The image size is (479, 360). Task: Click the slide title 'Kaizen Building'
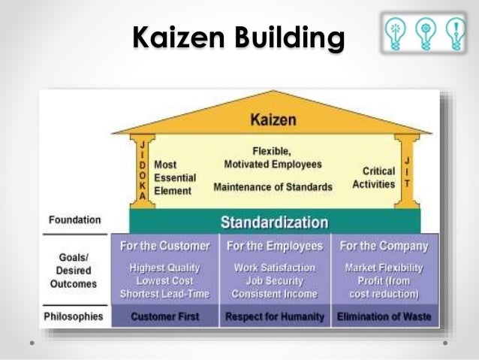[x=239, y=38]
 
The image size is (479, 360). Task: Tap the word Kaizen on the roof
[x=273, y=120]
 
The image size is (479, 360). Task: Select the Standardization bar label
[x=274, y=222]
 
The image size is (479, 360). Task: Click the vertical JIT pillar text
[x=407, y=170]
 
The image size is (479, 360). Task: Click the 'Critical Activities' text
[x=373, y=177]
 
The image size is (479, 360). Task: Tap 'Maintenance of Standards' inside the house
[x=273, y=186]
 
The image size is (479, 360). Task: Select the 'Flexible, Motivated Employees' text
[x=273, y=158]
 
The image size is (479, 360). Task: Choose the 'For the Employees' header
[x=275, y=246]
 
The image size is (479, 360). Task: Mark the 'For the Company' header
[x=384, y=246]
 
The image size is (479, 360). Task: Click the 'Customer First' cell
[x=165, y=317]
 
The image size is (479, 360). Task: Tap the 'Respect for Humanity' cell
[x=275, y=317]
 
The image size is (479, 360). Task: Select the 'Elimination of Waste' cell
[x=384, y=317]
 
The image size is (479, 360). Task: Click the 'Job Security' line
[x=275, y=280]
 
